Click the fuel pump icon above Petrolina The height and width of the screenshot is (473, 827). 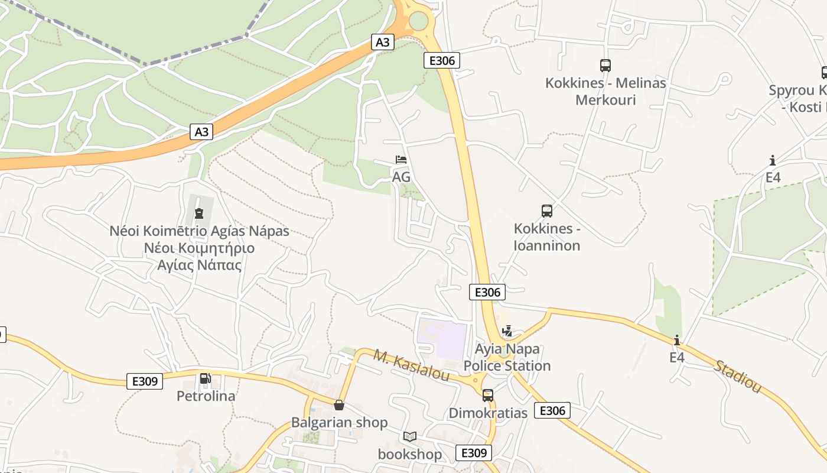click(205, 378)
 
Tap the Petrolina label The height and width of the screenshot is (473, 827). click(206, 396)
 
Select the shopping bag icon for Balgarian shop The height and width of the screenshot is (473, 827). click(339, 405)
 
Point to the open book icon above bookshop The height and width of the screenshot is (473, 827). click(410, 436)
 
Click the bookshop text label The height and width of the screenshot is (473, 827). click(410, 454)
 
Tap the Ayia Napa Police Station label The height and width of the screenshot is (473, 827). click(507, 358)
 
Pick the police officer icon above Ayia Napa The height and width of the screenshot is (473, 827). click(507, 331)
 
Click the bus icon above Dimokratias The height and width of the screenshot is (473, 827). click(488, 395)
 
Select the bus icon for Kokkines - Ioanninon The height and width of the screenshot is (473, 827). click(547, 210)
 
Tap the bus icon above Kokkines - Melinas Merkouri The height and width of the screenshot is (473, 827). click(605, 65)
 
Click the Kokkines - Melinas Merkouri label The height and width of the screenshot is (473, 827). click(605, 91)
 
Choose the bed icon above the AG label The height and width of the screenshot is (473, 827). click(401, 160)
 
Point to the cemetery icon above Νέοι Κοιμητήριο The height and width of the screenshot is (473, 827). click(199, 213)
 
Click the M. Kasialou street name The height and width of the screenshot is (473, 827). click(411, 365)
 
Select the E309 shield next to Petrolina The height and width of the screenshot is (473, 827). click(145, 381)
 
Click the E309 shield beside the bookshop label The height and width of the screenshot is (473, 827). click(474, 453)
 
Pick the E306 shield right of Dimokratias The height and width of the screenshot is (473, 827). click(552, 410)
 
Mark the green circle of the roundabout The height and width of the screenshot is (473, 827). click(418, 21)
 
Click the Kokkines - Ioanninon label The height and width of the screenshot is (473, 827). click(547, 237)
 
